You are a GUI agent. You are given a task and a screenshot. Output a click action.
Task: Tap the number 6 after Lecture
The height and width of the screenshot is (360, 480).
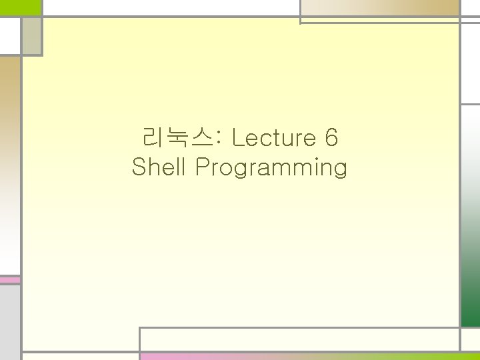[x=331, y=139]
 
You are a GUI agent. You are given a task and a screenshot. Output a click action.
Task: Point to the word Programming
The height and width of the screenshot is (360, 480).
[x=271, y=168]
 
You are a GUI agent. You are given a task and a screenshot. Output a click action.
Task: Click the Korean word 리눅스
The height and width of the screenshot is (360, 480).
[x=175, y=139]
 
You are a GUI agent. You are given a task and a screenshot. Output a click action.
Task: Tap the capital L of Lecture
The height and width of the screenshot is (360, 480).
[x=238, y=139]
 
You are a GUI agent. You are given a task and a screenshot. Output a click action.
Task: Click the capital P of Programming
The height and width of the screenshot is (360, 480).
[x=201, y=167]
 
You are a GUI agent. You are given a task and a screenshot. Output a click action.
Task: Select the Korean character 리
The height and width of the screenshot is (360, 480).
[x=153, y=139]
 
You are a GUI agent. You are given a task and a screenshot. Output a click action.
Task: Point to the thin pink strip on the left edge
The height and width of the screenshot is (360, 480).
[x=9, y=280]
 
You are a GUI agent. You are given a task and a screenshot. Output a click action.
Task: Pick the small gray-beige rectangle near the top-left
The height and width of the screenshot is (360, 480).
[x=31, y=36]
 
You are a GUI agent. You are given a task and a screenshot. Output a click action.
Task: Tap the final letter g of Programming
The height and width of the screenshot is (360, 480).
[x=340, y=169]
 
